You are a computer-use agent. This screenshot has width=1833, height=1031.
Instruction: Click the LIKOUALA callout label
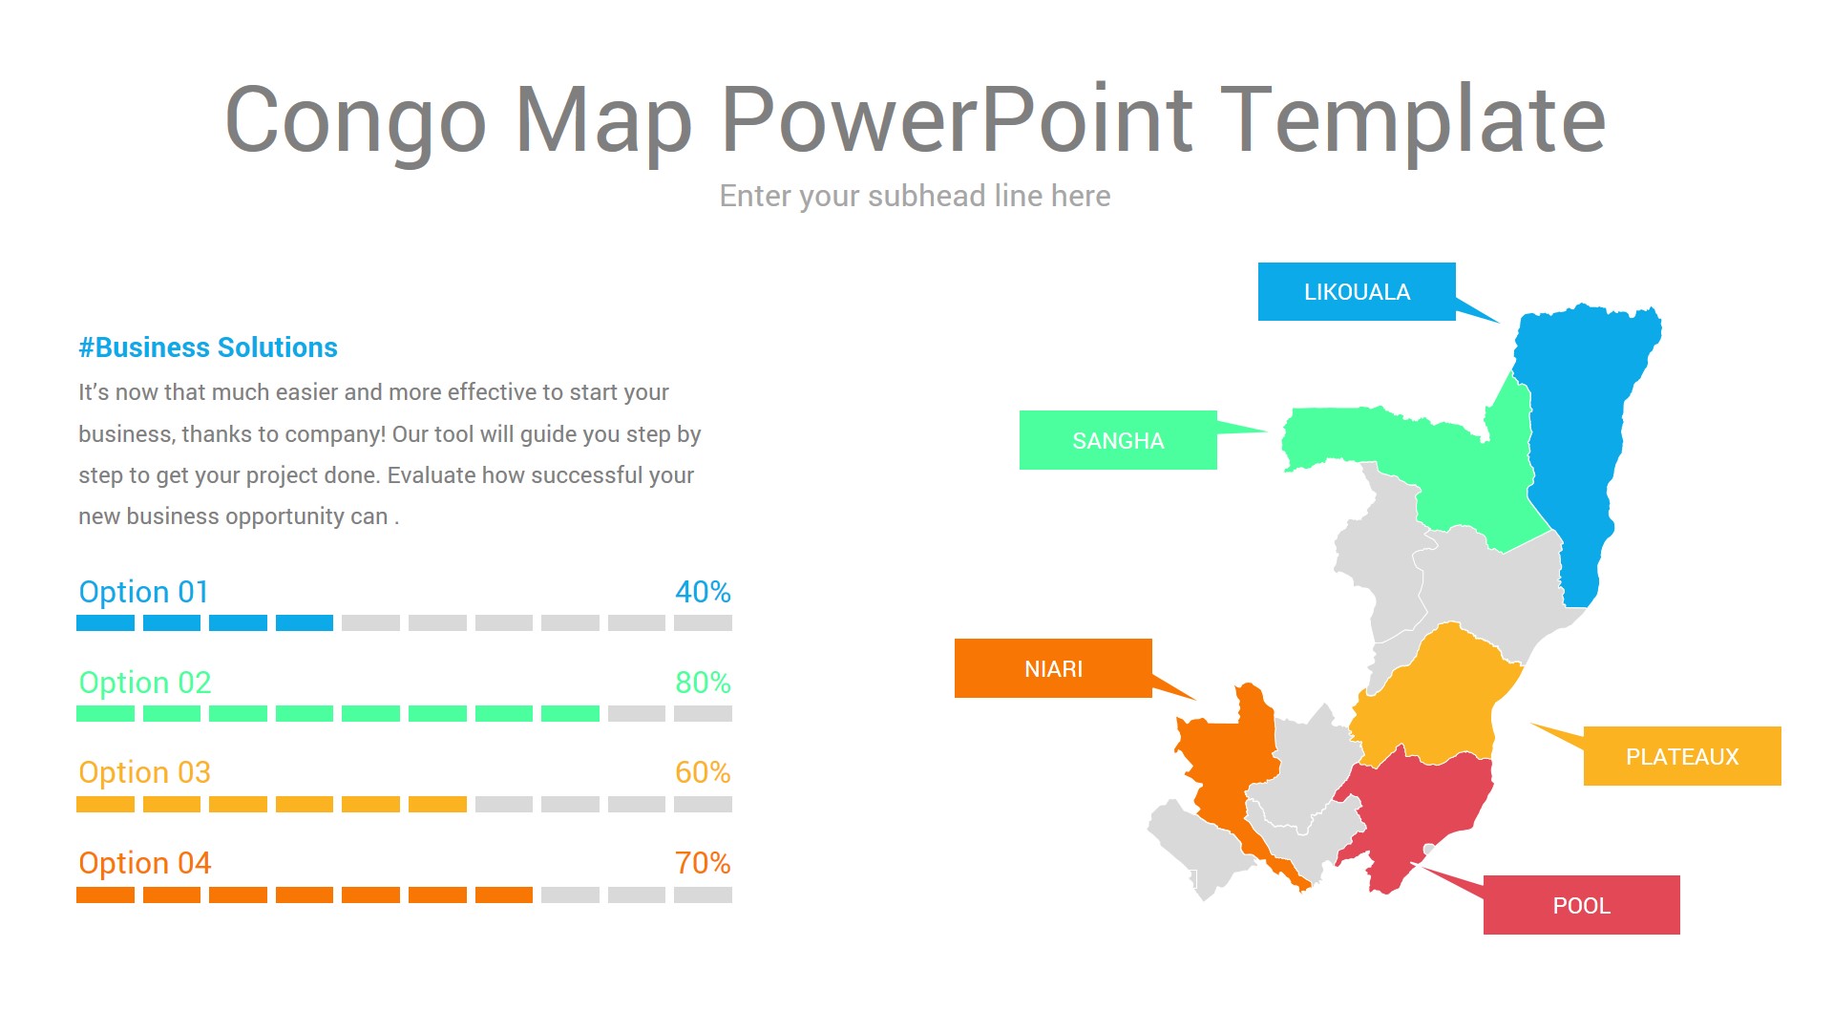[x=1356, y=292]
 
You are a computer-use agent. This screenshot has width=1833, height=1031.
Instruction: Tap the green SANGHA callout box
[x=1117, y=441]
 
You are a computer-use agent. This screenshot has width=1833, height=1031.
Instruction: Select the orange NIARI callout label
[x=1053, y=668]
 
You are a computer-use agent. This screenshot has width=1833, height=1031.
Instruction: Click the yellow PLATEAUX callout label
[x=1681, y=757]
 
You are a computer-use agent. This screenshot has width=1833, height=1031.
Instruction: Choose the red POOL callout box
[x=1581, y=905]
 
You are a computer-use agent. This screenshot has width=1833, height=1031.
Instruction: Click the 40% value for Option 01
[x=703, y=592]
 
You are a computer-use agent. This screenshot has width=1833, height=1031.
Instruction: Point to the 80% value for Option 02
[x=703, y=683]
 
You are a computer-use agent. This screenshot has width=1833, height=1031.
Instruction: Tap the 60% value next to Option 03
[x=703, y=772]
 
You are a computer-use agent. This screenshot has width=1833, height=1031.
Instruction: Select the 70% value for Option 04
[x=703, y=863]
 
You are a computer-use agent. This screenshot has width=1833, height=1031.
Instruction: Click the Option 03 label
[x=144, y=772]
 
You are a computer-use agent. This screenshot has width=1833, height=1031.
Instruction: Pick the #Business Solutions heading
[x=208, y=347]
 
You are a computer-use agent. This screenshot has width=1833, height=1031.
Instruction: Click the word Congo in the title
[x=355, y=120]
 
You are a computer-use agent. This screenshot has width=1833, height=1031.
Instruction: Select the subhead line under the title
[x=915, y=196]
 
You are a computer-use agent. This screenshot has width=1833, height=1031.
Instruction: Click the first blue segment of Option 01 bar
[x=105, y=623]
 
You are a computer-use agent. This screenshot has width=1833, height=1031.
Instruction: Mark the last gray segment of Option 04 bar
[x=703, y=895]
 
